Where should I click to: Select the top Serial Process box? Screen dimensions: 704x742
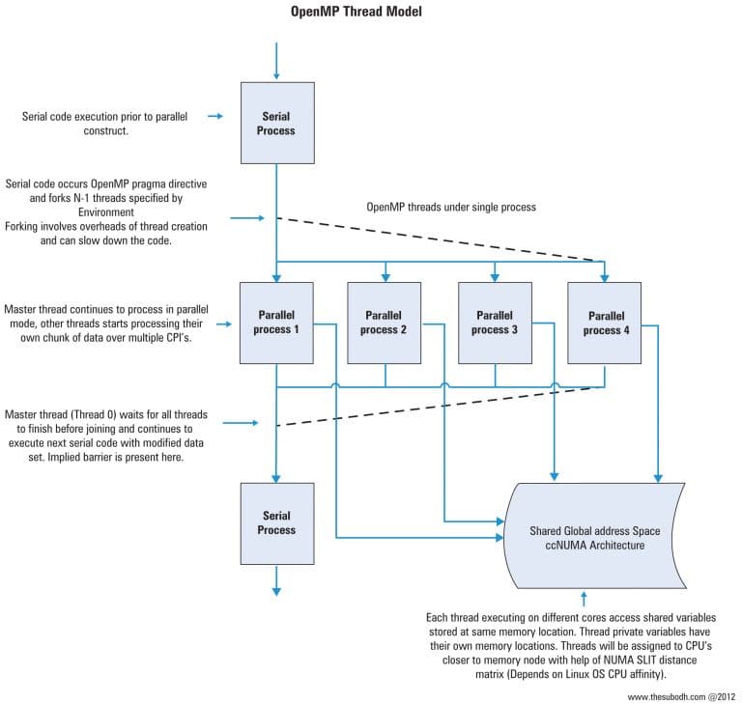(276, 123)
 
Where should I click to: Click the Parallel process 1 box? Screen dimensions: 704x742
(276, 323)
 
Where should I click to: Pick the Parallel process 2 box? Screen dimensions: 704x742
(385, 323)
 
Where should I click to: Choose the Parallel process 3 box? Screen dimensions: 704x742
(495, 323)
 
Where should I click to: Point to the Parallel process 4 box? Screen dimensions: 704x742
(605, 323)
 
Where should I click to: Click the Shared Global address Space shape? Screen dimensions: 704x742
(593, 538)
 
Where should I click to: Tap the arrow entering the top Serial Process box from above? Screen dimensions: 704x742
(276, 62)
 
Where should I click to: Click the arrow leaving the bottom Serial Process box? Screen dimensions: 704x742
(276, 580)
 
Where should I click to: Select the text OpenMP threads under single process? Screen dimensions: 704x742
(450, 208)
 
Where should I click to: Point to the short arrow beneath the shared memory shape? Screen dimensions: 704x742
(584, 599)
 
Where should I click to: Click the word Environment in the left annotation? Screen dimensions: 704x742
(106, 208)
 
